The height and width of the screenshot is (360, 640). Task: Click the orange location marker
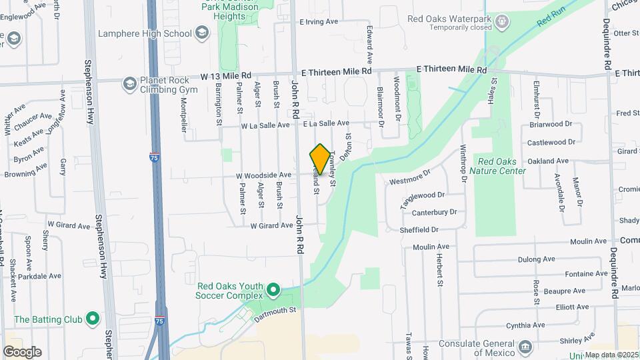pyautogui.click(x=320, y=159)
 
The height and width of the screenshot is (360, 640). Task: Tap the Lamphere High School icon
pyautogui.click(x=201, y=33)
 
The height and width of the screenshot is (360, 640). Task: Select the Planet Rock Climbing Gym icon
pyautogui.click(x=129, y=84)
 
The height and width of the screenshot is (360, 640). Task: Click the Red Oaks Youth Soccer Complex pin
pyautogui.click(x=273, y=290)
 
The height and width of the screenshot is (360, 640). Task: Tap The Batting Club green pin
pyautogui.click(x=93, y=319)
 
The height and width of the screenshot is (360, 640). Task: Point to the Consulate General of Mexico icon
pyautogui.click(x=525, y=347)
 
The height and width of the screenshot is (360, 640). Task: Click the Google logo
pyautogui.click(x=22, y=351)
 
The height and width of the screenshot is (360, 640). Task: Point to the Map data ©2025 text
pyautogui.click(x=611, y=355)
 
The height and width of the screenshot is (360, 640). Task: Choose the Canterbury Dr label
pyautogui.click(x=434, y=212)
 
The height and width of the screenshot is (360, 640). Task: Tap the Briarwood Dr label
pyautogui.click(x=550, y=124)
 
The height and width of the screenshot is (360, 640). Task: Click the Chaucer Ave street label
pyautogui.click(x=33, y=123)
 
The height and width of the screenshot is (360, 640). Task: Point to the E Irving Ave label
pyautogui.click(x=321, y=22)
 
